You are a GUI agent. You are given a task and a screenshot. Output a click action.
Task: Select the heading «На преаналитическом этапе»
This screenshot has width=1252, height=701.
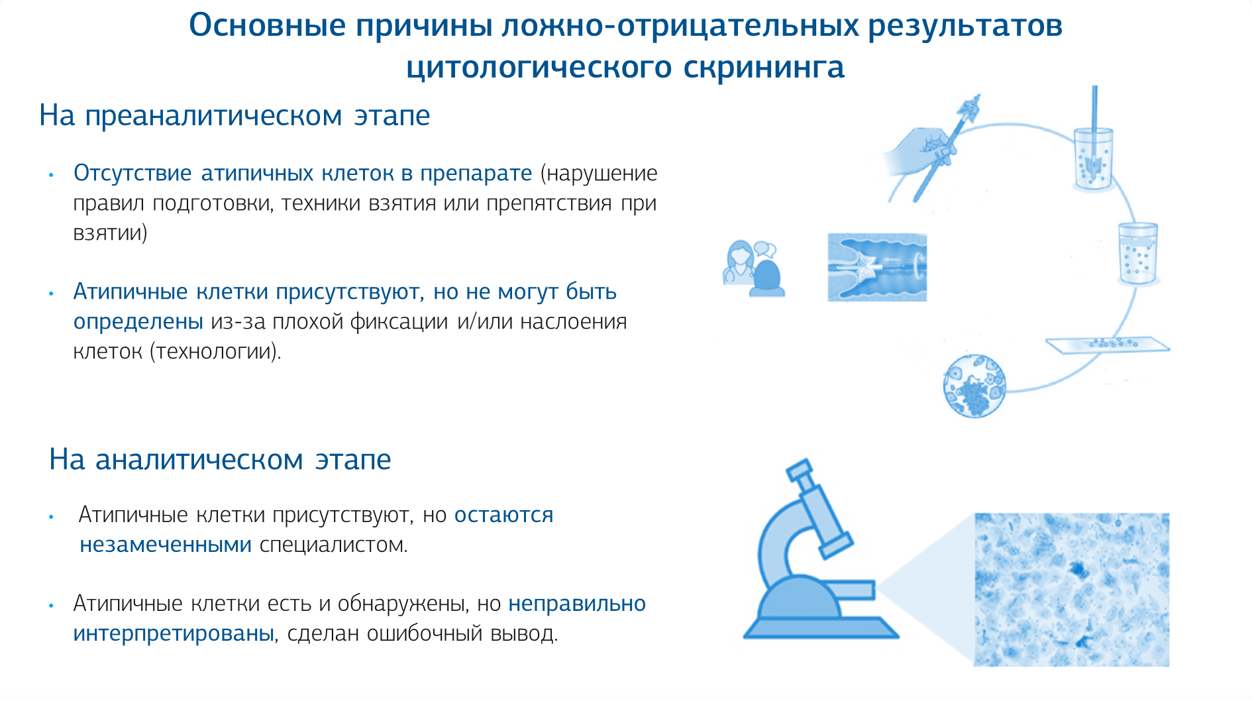(x=235, y=115)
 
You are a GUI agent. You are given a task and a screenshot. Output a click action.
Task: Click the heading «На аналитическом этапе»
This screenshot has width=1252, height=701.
(x=220, y=459)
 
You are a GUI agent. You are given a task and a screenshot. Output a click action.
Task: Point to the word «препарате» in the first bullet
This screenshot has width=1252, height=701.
(x=476, y=174)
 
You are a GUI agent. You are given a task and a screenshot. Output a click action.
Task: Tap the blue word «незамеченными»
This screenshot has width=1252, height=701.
(x=166, y=545)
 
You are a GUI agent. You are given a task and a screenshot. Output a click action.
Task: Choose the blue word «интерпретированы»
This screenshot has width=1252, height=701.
(x=174, y=634)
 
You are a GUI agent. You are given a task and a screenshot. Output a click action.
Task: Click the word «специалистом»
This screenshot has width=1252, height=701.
(x=333, y=545)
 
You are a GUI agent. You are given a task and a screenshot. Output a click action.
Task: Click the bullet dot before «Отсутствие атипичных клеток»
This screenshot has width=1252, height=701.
(x=51, y=175)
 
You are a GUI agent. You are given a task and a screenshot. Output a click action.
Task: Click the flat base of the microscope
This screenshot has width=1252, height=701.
(x=821, y=627)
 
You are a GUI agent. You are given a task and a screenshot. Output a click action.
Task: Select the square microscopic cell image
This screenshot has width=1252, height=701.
(x=1071, y=589)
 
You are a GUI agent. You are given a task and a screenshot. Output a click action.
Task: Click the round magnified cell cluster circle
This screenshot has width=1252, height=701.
(x=974, y=386)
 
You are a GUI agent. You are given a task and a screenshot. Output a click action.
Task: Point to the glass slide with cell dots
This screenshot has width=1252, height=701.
(x=1108, y=345)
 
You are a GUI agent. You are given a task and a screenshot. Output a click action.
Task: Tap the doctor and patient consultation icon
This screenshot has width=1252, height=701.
(x=754, y=268)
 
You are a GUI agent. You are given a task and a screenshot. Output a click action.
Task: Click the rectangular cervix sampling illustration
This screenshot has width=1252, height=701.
(x=877, y=267)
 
